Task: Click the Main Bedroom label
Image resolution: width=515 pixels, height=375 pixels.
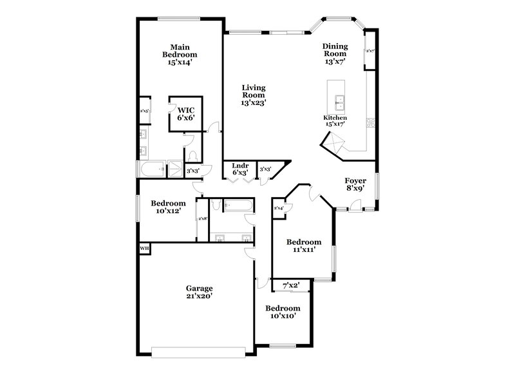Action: click(x=179, y=55)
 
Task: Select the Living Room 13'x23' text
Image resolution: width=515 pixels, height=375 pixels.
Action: click(x=254, y=95)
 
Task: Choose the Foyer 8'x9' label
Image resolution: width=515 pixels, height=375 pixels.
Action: click(x=356, y=186)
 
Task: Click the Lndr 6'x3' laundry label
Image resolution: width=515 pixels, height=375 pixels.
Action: click(x=239, y=169)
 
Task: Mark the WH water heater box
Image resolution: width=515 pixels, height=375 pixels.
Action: click(x=144, y=249)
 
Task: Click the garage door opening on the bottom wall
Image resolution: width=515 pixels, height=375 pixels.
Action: click(x=198, y=351)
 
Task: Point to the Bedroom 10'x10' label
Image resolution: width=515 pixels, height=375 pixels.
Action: click(x=283, y=312)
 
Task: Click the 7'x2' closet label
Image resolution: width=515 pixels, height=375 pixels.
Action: click(x=291, y=284)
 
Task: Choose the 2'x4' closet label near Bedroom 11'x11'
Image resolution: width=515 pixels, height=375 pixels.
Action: click(x=279, y=208)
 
